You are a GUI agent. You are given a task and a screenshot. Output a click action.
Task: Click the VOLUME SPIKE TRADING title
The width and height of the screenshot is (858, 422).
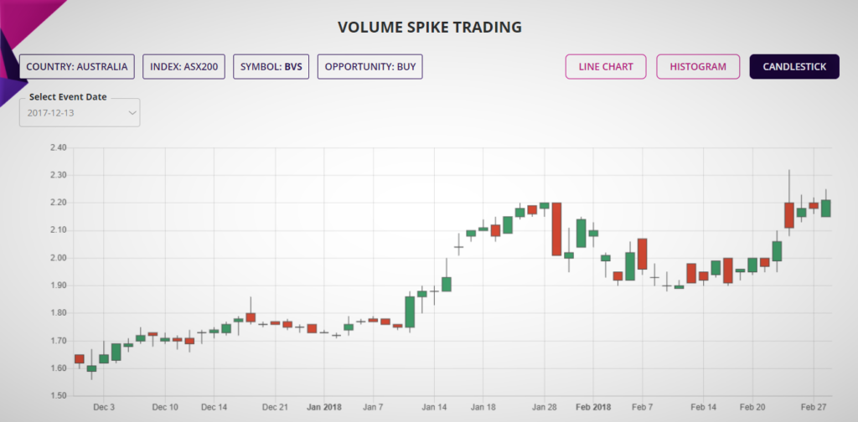coord(429,27)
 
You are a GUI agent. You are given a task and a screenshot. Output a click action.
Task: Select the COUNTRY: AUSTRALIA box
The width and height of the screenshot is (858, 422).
coord(77,66)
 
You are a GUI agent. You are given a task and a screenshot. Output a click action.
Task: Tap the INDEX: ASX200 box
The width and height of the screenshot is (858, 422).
coord(184,66)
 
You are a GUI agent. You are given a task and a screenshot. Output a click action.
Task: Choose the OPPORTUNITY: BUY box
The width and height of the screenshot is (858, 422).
coord(370,66)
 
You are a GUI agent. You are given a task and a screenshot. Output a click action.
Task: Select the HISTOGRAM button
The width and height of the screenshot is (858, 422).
coord(698,66)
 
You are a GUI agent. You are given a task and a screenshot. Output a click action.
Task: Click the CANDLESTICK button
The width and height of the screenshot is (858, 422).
coord(793,66)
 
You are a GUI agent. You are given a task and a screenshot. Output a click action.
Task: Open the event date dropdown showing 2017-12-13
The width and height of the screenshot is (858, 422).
coord(80,112)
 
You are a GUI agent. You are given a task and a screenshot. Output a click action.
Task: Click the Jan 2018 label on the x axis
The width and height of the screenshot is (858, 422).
coord(323,406)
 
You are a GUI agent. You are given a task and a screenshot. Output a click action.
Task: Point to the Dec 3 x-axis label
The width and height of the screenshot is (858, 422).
coord(105,406)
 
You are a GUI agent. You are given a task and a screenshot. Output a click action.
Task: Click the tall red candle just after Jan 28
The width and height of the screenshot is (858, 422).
coord(556,229)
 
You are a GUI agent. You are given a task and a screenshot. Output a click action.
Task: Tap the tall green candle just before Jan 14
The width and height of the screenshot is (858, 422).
coord(410,311)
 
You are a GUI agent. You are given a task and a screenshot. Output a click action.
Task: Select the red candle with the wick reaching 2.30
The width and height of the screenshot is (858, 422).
coord(789,214)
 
